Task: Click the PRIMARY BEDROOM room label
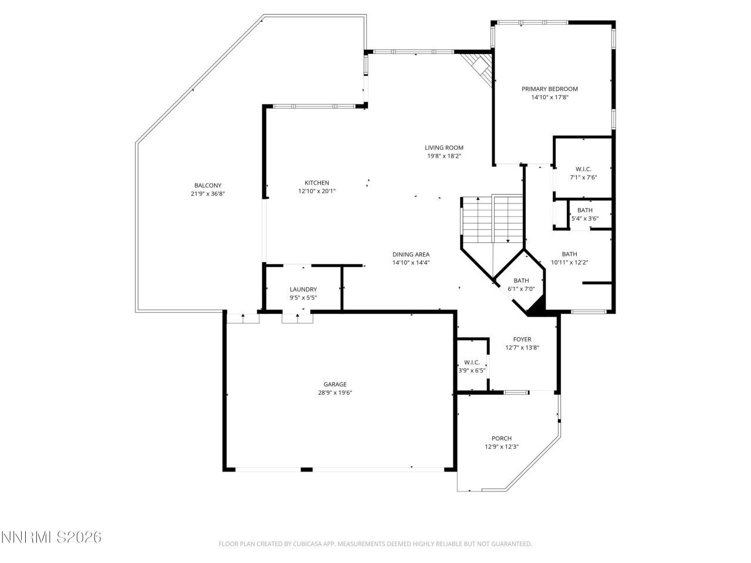[550, 89]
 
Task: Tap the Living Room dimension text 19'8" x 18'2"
[444, 156]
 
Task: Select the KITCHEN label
[316, 183]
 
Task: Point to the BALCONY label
[208, 186]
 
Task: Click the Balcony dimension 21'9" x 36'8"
[208, 194]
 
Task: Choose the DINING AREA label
[411, 255]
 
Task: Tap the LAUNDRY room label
[303, 290]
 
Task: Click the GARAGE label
[335, 385]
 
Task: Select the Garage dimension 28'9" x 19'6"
[335, 393]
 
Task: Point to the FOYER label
[522, 340]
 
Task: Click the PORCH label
[502, 439]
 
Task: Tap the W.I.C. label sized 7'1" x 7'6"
[583, 169]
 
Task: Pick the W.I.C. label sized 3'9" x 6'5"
[472, 362]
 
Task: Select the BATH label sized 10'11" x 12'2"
[569, 255]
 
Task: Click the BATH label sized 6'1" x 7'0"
[521, 281]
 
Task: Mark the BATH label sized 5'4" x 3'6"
[584, 211]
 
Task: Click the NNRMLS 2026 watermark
[51, 537]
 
